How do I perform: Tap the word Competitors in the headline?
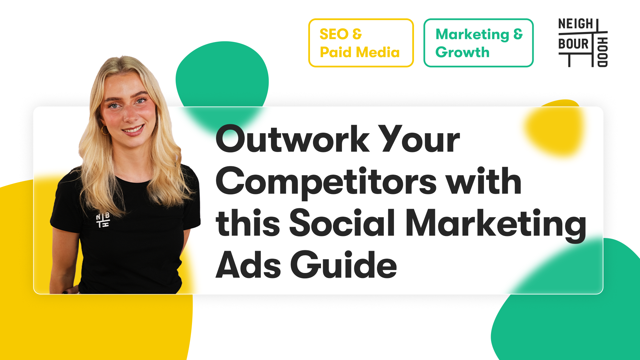pyautogui.click(x=326, y=182)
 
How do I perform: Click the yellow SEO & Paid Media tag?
pyautogui.click(x=361, y=43)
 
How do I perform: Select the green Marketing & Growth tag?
pyautogui.click(x=478, y=43)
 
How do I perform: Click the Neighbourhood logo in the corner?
pyautogui.click(x=583, y=43)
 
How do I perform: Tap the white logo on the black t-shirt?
pyautogui.click(x=103, y=220)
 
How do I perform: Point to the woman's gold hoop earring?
pyautogui.click(x=105, y=130)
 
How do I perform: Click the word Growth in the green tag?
pyautogui.click(x=462, y=52)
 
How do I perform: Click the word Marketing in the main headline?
pyautogui.click(x=496, y=223)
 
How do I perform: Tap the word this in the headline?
pyautogui.click(x=248, y=223)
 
